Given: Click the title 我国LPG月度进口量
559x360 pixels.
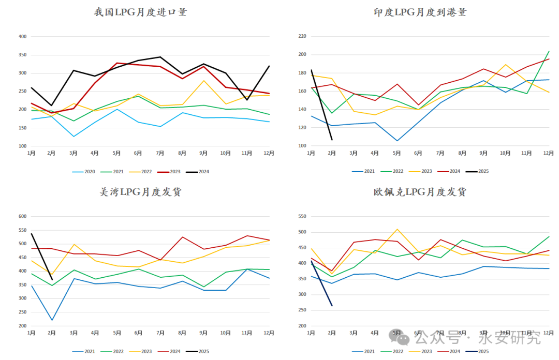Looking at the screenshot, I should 140,12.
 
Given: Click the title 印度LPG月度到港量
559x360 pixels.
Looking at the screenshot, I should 420,12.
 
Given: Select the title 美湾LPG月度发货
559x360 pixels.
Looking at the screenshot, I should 140,192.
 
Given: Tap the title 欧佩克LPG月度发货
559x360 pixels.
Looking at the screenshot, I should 420,192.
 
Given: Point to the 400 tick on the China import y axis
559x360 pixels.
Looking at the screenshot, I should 22,37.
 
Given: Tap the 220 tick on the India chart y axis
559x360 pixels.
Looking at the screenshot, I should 302,36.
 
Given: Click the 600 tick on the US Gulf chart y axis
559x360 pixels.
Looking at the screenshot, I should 22,216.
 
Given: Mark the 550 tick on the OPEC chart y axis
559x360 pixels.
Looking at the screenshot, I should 302,216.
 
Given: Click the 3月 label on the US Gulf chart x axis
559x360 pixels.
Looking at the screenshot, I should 74,333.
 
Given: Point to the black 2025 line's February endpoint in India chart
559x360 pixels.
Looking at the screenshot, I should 332,140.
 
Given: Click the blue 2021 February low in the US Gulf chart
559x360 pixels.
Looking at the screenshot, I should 52,320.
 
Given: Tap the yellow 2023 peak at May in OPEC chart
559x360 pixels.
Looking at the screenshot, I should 396,229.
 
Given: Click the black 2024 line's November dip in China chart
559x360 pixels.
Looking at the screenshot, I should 247,100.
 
